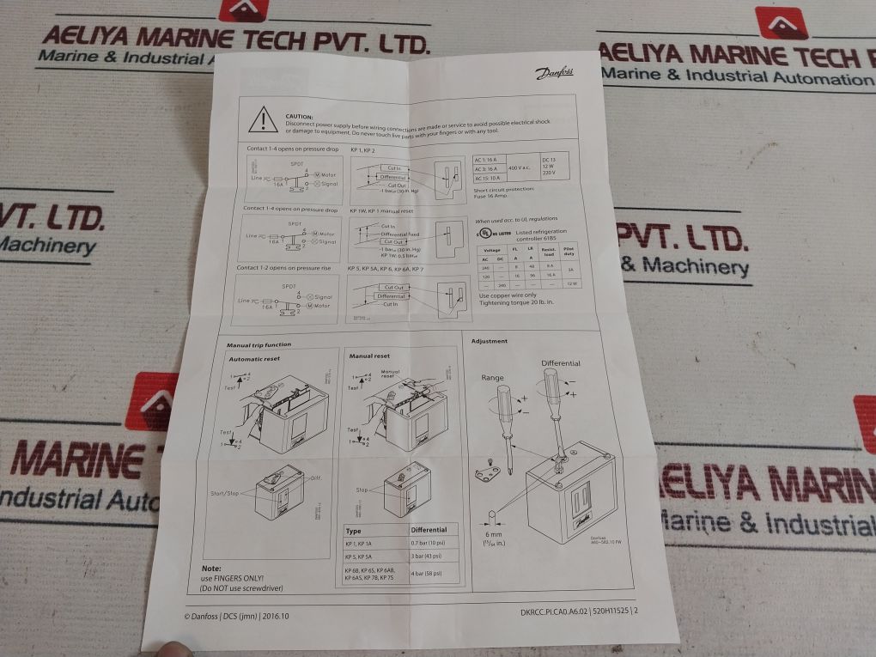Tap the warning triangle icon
[x=263, y=121]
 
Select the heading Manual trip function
[x=259, y=344]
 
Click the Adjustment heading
[x=489, y=341]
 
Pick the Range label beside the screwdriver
[x=492, y=378]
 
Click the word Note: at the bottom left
[x=211, y=569]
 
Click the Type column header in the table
[x=353, y=531]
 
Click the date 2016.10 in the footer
[x=276, y=615]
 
